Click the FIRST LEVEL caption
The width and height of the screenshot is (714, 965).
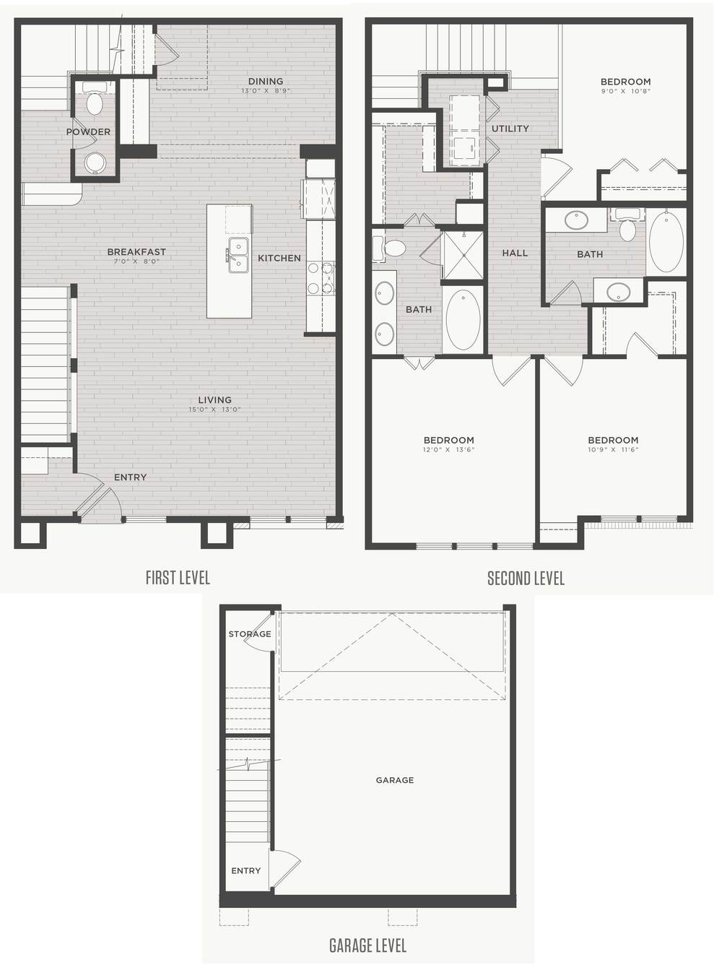(x=178, y=578)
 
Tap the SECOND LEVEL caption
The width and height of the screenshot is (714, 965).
(x=526, y=579)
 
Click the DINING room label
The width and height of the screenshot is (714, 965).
(x=266, y=82)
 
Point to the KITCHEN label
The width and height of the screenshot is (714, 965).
(x=279, y=258)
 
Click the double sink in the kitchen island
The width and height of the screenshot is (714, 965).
(x=237, y=255)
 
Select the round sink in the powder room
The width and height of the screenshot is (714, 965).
(x=95, y=163)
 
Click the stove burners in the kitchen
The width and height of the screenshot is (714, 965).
(x=321, y=279)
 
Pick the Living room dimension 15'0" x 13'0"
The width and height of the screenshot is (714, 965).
(x=215, y=410)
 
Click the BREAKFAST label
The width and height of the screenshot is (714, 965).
(x=136, y=251)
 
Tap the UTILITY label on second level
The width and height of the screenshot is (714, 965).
(x=510, y=129)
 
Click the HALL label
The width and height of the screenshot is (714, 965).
(x=515, y=253)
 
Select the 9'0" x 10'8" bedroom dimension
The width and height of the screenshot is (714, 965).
(x=625, y=91)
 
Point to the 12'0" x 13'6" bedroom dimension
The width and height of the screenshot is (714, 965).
(x=449, y=450)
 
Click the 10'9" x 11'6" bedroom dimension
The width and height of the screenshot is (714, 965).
(x=613, y=450)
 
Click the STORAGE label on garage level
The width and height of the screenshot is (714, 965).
(x=250, y=634)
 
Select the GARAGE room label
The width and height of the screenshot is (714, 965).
(x=395, y=780)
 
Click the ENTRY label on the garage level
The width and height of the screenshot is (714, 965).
(x=245, y=870)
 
